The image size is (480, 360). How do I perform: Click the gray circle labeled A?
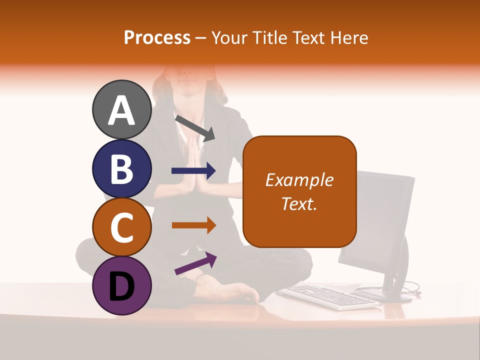click(121, 110)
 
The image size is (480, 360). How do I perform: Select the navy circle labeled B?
click(121, 169)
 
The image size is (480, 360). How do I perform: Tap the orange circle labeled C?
click(121, 227)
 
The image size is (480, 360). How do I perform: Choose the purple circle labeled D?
click(121, 285)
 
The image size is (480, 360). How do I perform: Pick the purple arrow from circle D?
click(195, 263)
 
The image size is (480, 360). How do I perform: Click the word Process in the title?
click(157, 37)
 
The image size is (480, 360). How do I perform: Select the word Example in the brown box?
click(299, 180)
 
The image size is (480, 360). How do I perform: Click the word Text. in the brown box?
click(299, 203)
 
